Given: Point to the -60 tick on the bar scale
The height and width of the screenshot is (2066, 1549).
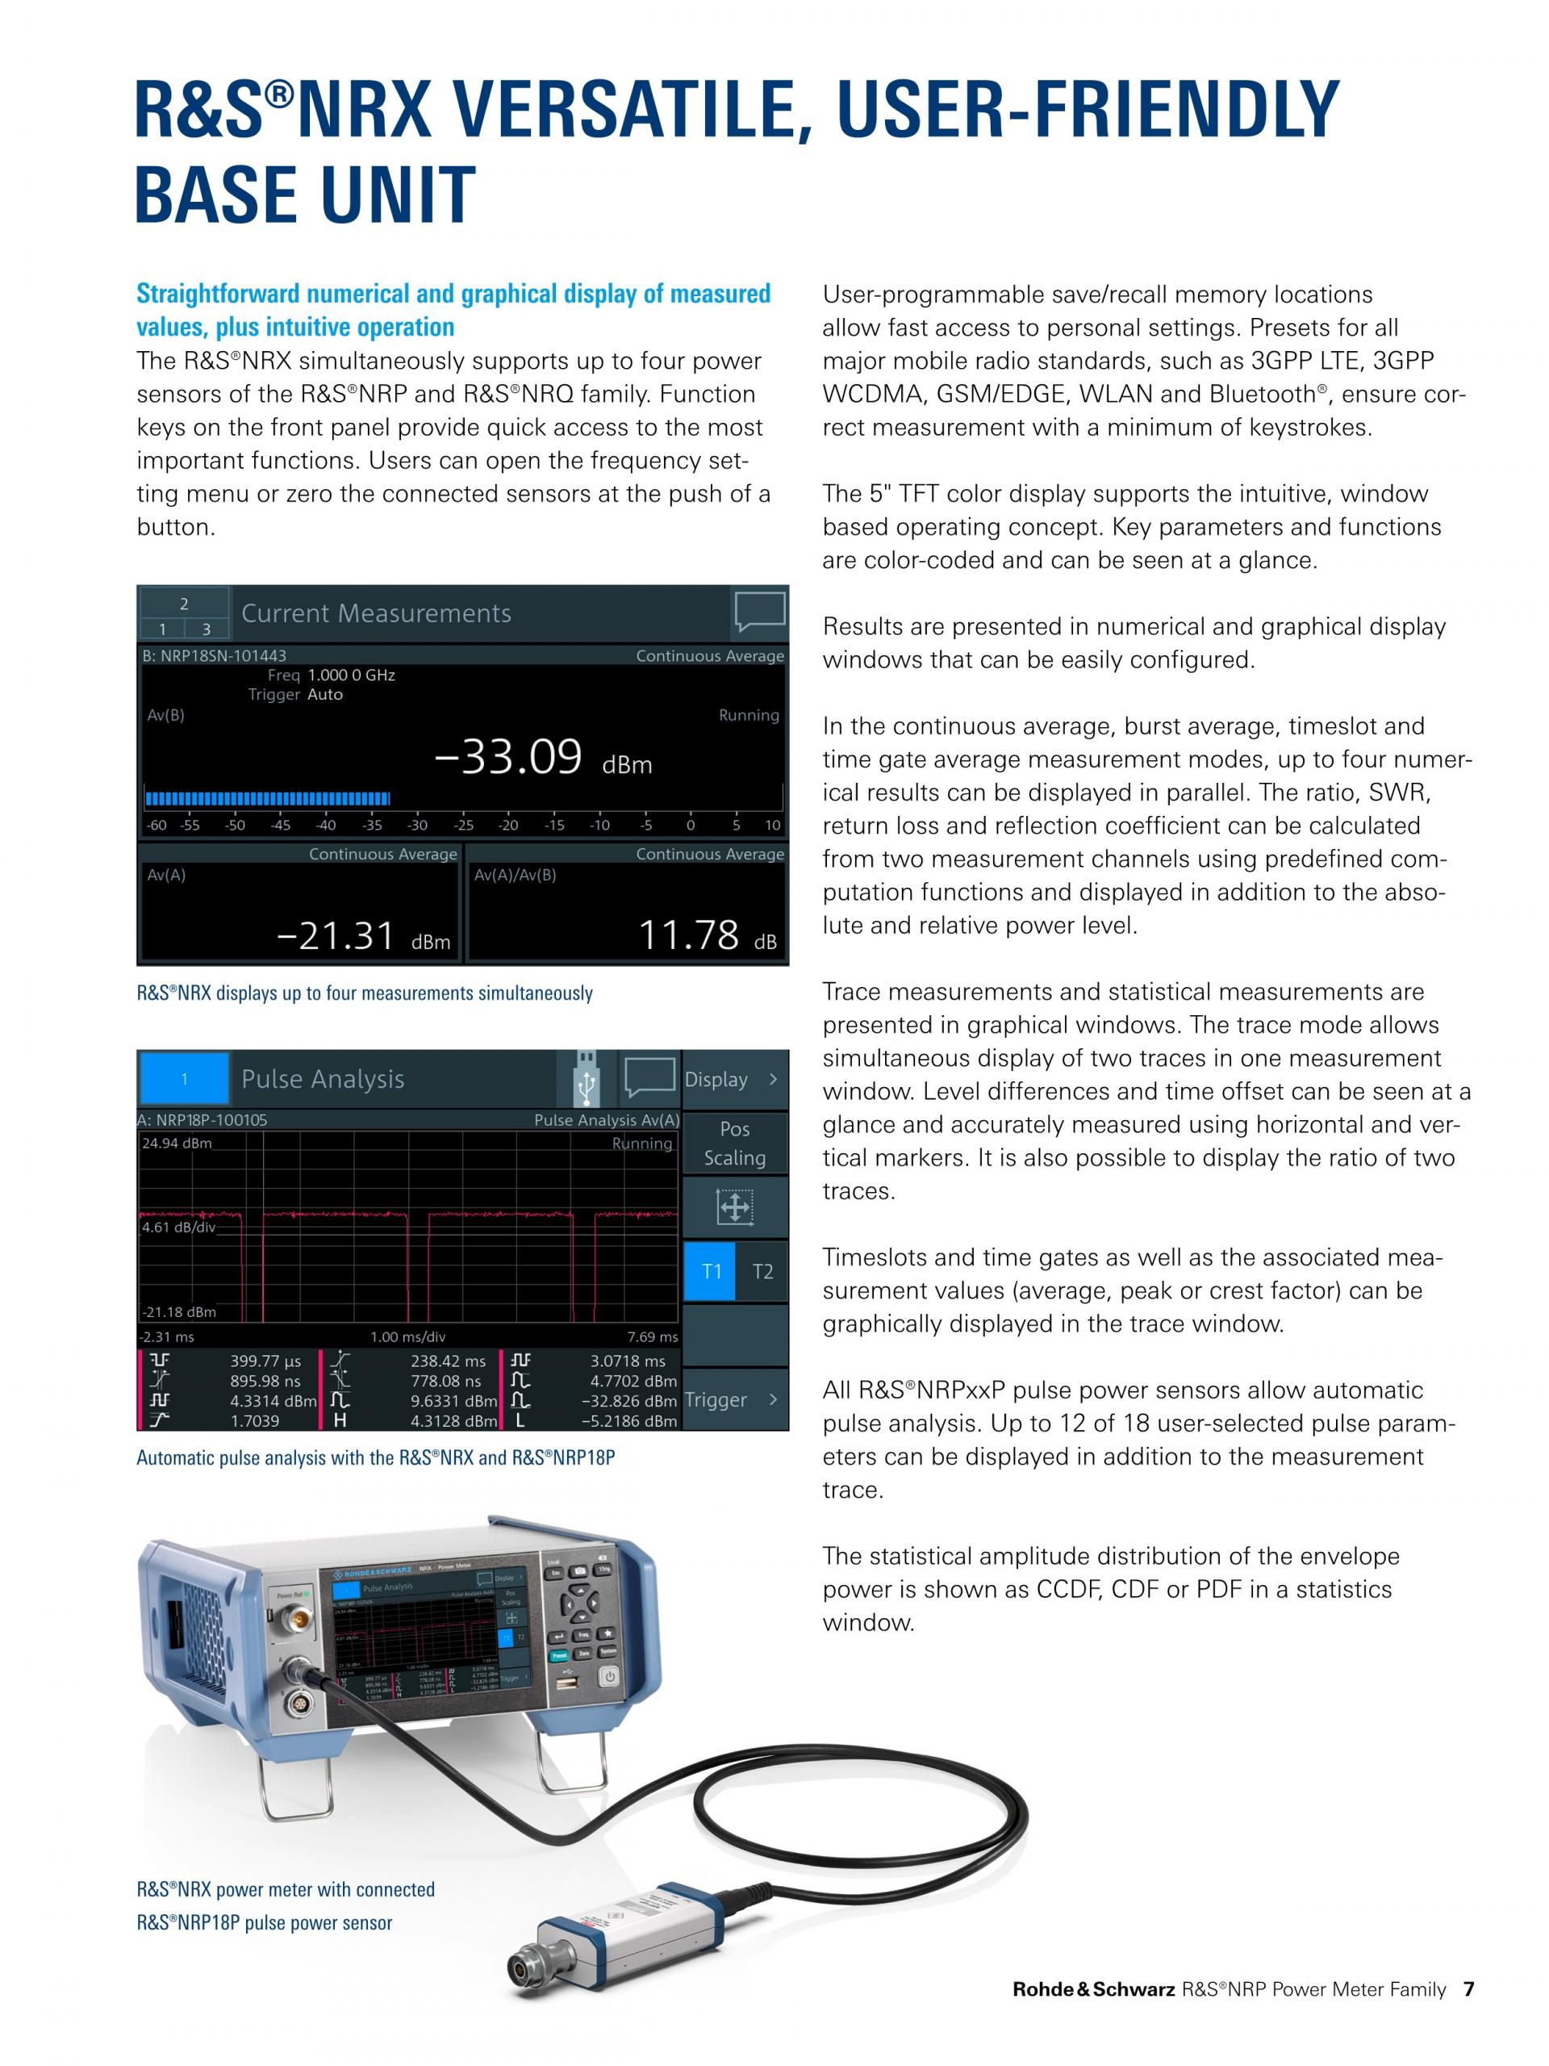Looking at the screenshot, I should pos(156,826).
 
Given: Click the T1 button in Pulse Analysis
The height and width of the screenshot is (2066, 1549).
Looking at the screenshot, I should pos(712,1271).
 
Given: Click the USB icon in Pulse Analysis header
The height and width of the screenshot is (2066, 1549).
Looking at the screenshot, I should pos(587,1080).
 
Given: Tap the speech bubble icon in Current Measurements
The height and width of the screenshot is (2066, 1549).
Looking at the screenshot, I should pos(759,612).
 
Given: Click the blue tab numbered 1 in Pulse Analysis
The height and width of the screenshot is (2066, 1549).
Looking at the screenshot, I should pos(184,1080).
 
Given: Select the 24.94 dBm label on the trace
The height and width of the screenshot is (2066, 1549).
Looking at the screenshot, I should pos(177,1144).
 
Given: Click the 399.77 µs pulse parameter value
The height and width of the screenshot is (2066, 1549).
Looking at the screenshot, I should pos(265,1361).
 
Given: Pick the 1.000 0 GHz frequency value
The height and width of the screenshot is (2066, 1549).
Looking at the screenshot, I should pos(351,675).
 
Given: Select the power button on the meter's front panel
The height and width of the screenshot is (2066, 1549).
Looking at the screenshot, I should pos(609,1703).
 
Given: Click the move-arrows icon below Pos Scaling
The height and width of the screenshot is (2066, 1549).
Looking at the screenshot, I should pos(735,1207).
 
